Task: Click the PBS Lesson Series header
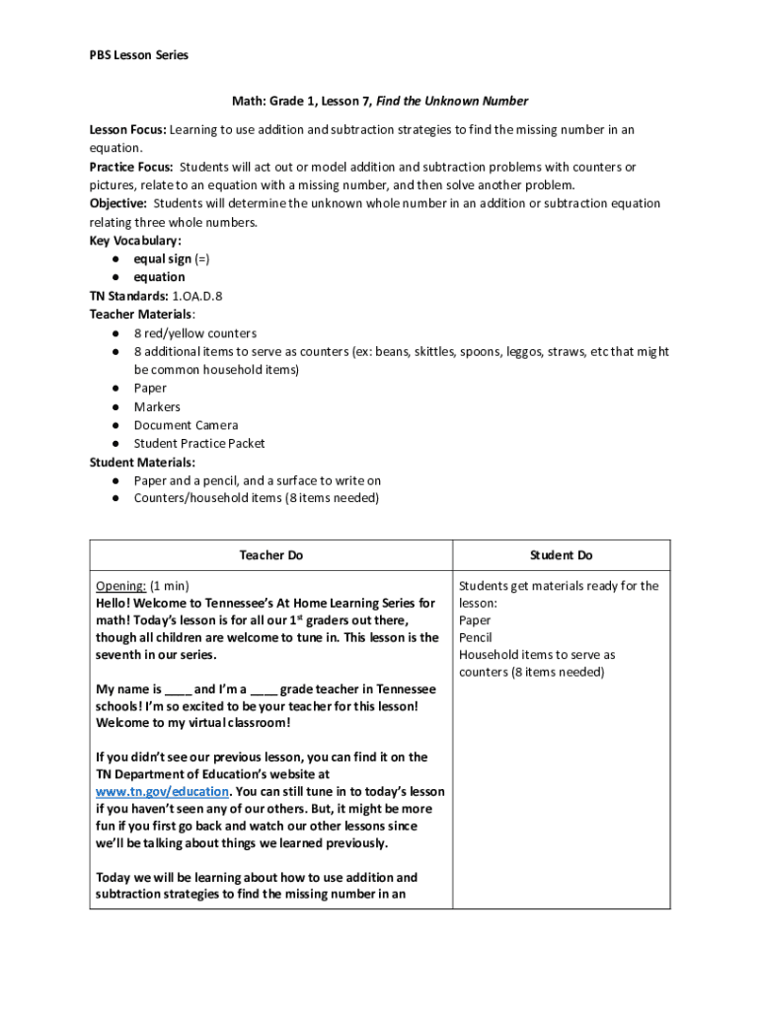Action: point(139,55)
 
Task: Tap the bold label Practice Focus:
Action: point(131,167)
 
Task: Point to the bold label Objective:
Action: point(118,203)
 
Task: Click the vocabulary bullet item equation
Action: point(160,277)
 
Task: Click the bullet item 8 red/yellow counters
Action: point(195,333)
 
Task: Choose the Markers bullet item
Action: point(157,406)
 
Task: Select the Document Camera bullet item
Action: point(186,425)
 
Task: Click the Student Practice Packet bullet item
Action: point(199,444)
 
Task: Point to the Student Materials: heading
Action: point(142,462)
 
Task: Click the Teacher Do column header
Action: point(270,555)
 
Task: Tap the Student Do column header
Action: point(561,555)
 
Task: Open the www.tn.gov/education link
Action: point(163,792)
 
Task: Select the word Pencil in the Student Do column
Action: point(477,637)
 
